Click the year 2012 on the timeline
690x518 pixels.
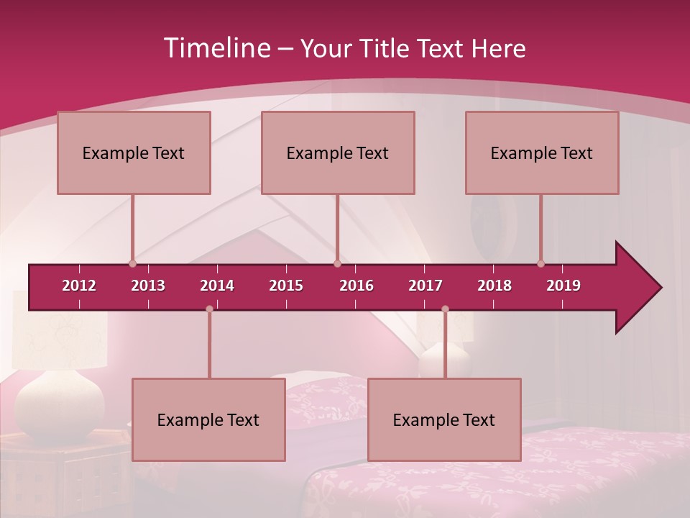tap(79, 286)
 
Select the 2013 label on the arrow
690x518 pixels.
tap(148, 286)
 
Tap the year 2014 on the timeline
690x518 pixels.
tap(217, 286)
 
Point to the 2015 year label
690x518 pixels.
tap(286, 286)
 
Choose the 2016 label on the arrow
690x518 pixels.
tap(356, 286)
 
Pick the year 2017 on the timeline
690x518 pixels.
tap(425, 286)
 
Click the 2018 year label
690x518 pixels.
tap(494, 286)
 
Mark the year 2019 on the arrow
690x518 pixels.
tap(563, 286)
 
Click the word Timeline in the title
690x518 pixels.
tap(216, 48)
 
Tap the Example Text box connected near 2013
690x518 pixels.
tap(134, 153)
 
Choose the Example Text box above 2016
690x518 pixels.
tap(338, 153)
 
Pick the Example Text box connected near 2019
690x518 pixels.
tap(542, 153)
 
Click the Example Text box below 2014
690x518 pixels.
tap(208, 420)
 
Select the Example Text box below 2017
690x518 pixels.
tap(444, 420)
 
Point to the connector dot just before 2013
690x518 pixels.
tap(132, 263)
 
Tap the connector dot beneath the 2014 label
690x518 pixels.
tap(209, 309)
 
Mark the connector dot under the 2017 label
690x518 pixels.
tap(445, 309)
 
